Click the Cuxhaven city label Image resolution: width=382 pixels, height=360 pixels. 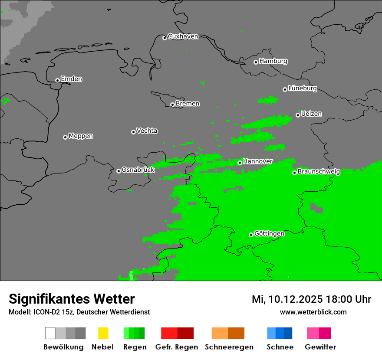pos(183,36)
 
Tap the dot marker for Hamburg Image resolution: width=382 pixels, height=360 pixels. pos(256,62)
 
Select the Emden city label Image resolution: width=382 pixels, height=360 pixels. pos(71,79)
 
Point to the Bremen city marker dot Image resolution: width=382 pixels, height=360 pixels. pos(172,105)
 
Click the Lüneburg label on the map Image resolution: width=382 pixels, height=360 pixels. pos(303,88)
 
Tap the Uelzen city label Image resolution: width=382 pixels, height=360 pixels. pos(311,114)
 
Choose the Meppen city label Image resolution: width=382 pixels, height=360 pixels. pos(81,136)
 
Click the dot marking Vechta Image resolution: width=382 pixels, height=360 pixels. pos(133,132)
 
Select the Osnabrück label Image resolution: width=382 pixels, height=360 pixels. pos(138,170)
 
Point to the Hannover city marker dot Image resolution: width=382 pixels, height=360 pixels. pos(240,163)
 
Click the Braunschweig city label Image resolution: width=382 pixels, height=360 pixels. pos(319,172)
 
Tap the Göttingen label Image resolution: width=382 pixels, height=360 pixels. pos(269,234)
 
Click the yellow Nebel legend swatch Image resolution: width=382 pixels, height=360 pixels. pos(103,333)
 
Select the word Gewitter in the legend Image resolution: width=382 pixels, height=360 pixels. pos(320,347)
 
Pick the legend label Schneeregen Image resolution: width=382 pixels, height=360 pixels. pos(229,347)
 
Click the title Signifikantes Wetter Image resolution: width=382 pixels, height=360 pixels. pos(72,299)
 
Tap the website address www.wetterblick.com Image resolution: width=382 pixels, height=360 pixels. pos(313,312)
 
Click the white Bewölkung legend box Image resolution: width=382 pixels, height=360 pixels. pos(50,333)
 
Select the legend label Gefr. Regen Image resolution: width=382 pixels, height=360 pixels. pos(176,347)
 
